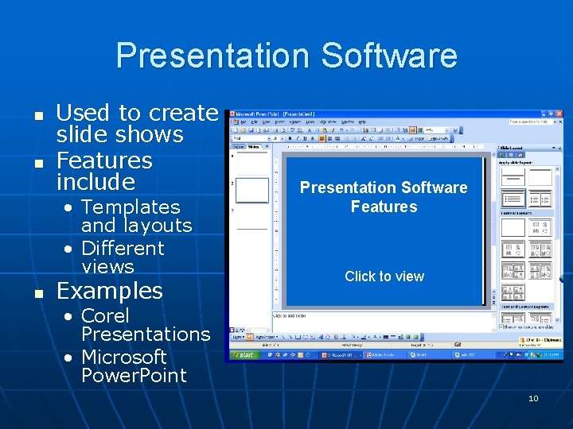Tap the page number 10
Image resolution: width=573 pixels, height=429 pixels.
[533, 398]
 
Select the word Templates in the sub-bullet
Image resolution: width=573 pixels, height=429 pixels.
[131, 207]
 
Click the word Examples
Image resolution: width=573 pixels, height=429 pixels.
[109, 291]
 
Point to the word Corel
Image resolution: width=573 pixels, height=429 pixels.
[105, 315]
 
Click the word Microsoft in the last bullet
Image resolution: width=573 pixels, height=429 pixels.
[123, 357]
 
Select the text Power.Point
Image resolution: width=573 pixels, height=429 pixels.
[134, 375]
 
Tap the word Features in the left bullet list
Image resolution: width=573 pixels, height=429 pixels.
[103, 160]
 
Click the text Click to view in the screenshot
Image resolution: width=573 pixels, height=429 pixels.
[384, 276]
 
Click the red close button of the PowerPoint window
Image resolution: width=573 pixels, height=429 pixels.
[559, 114]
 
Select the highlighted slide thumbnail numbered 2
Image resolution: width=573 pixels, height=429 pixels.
[252, 191]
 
